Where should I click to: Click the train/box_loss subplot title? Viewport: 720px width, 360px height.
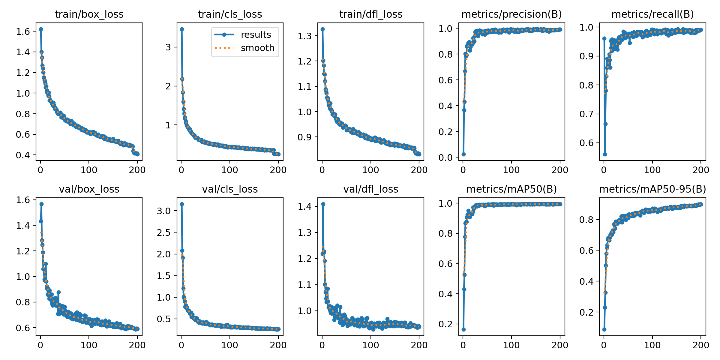(89, 14)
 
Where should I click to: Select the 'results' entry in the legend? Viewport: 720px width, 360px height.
(256, 35)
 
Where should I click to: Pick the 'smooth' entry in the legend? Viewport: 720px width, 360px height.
(258, 48)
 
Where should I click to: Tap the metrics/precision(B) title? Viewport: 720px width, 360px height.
(511, 14)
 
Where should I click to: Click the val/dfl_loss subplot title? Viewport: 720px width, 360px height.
(371, 189)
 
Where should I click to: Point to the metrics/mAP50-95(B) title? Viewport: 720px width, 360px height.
(652, 189)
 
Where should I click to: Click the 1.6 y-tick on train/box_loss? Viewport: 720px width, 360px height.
(23, 31)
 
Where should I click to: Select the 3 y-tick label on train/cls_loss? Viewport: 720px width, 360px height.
(168, 47)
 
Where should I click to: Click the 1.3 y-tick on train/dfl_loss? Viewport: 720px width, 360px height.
(305, 36)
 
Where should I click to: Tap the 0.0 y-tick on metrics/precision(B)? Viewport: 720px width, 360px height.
(445, 157)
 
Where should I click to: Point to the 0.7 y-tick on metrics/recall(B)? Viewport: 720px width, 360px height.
(586, 114)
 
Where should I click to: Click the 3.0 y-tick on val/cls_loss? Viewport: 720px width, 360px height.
(164, 211)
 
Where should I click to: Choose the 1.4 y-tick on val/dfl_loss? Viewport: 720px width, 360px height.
(305, 207)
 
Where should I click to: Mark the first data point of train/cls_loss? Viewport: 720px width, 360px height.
(182, 29)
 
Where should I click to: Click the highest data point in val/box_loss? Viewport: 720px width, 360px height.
(41, 204)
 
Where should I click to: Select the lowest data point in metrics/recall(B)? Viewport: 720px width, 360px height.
(605, 154)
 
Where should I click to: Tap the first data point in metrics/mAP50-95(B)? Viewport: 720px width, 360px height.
(604, 329)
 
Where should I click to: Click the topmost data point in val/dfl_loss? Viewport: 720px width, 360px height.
(323, 204)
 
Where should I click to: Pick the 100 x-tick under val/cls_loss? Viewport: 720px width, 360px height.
(230, 345)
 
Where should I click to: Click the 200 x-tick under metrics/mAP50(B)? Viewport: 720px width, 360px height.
(560, 345)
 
